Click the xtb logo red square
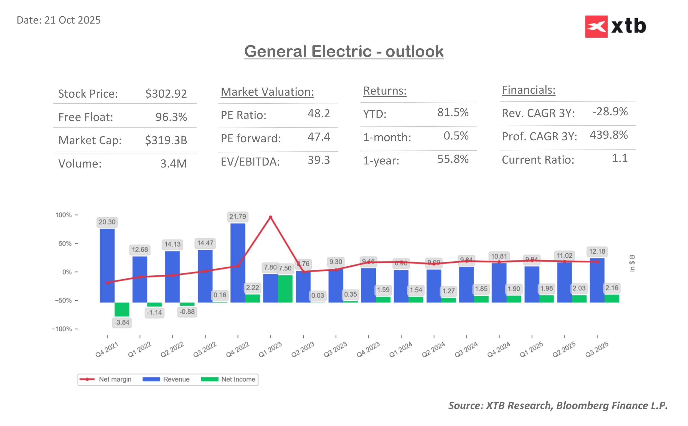[596, 26]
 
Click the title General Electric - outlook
[344, 51]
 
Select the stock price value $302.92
[166, 93]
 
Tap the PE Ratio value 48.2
[319, 113]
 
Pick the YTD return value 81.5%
[453, 112]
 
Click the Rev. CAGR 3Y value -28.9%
[610, 111]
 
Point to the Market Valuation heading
[267, 92]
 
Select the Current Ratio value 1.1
[620, 158]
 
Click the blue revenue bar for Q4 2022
[237, 262]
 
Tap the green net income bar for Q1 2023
[285, 288]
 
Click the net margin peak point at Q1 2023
[270, 217]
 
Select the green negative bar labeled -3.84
[122, 309]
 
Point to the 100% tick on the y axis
[64, 215]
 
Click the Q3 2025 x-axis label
[596, 349]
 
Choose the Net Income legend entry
[229, 379]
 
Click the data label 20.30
[107, 222]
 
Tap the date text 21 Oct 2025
[72, 20]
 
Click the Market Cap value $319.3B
[166, 140]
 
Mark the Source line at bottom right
[558, 405]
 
